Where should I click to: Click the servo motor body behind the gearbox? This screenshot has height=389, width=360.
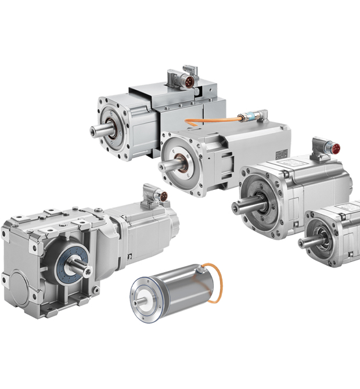tap(148, 229)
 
